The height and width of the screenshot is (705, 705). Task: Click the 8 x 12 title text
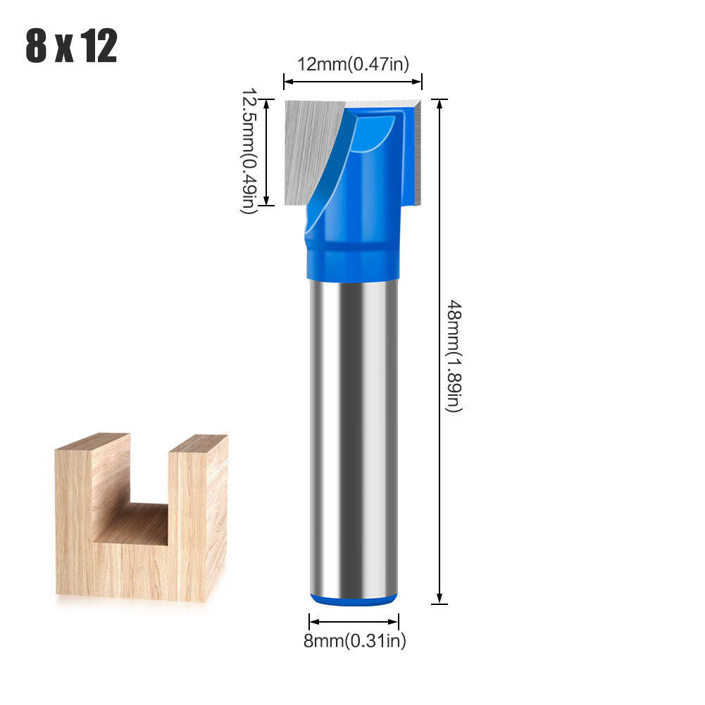coord(71,46)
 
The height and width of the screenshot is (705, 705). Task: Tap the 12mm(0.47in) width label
coord(352,65)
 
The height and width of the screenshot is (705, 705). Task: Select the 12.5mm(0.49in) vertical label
coord(248,152)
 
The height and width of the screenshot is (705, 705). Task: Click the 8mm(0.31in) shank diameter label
coord(354,640)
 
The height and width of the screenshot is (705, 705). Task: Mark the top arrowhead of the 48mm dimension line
coord(440,104)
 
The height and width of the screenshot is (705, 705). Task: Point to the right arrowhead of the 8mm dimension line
coord(394,621)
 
